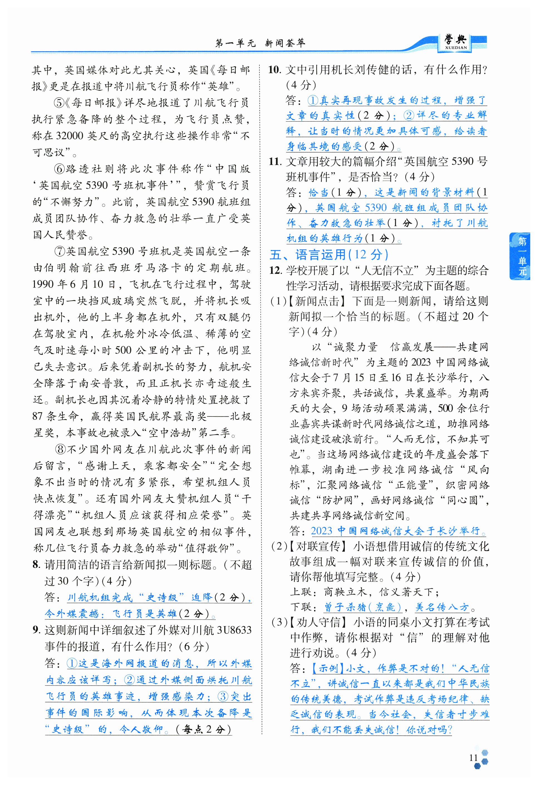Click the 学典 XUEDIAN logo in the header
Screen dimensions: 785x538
(x=455, y=42)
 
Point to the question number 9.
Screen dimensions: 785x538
(x=36, y=630)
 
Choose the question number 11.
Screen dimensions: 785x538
(x=275, y=162)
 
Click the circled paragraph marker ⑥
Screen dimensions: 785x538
(x=60, y=169)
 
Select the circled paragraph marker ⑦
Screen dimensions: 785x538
(x=60, y=251)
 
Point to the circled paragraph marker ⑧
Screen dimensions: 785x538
(x=60, y=449)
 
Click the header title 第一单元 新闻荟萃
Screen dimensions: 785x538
(x=260, y=43)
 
